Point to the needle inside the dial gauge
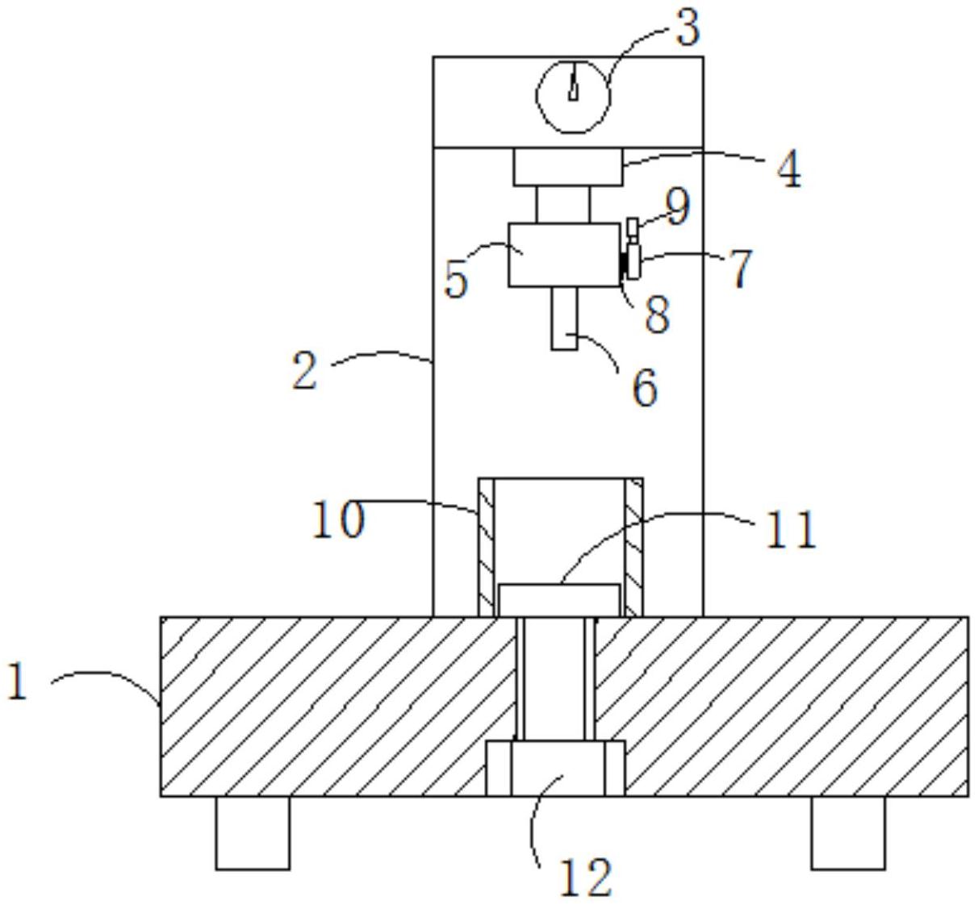pyautogui.click(x=573, y=84)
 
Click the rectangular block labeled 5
pyautogui.click(x=563, y=254)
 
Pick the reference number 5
pyautogui.click(x=456, y=280)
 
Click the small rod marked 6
pyautogui.click(x=565, y=319)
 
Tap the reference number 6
pyautogui.click(x=644, y=388)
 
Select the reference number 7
pyautogui.click(x=741, y=268)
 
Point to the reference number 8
pyautogui.click(x=657, y=313)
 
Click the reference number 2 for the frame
pyautogui.click(x=304, y=372)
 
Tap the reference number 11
pyautogui.click(x=791, y=531)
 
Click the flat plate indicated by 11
pyautogui.click(x=560, y=599)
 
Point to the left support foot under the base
pyautogui.click(x=253, y=832)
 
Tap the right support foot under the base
pyautogui.click(x=848, y=832)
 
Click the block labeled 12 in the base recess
pyautogui.click(x=556, y=768)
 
